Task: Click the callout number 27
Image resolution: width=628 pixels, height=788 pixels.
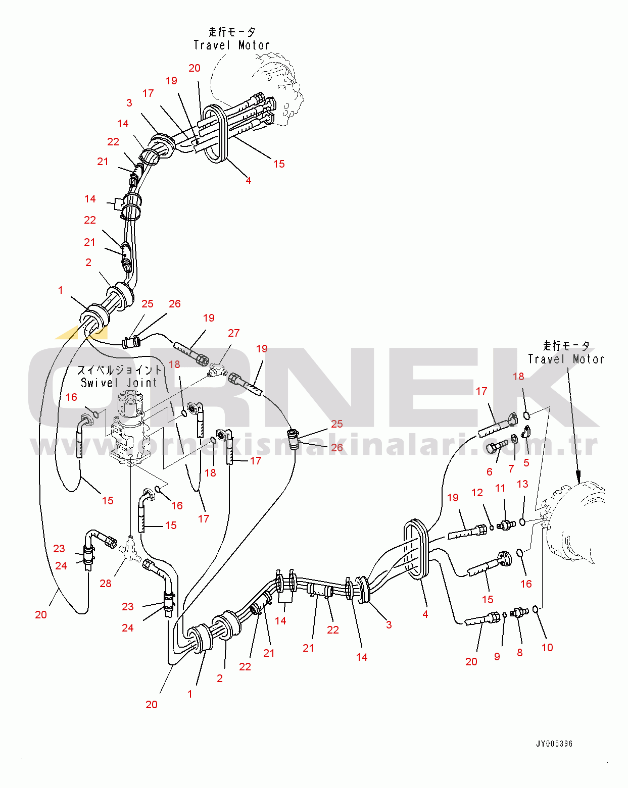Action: click(x=233, y=333)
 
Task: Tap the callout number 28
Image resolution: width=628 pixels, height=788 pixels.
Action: click(x=105, y=584)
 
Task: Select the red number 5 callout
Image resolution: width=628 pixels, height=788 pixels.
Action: click(x=526, y=462)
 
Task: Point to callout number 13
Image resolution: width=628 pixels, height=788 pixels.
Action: click(x=522, y=484)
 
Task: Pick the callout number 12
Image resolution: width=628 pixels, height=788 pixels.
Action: click(x=477, y=493)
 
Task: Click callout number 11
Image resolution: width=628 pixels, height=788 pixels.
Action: click(x=500, y=488)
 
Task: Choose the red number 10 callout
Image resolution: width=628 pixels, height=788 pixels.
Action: click(x=547, y=647)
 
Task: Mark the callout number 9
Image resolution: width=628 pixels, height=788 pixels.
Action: click(x=497, y=657)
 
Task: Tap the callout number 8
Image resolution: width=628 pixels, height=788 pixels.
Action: click(x=519, y=653)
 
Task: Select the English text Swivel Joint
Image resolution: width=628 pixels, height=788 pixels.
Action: click(x=119, y=383)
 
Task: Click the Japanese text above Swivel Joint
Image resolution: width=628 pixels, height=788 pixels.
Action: click(x=119, y=370)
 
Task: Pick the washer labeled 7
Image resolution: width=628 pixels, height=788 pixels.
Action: click(x=514, y=438)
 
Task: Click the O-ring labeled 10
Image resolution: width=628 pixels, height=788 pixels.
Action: click(x=535, y=609)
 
